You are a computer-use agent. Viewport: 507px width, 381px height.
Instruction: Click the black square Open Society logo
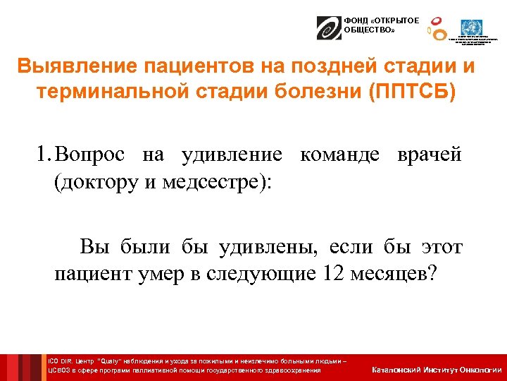pos(328,28)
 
